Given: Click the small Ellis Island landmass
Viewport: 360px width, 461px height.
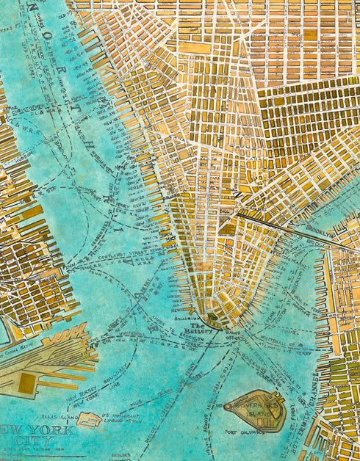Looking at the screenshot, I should pos(89,420).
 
